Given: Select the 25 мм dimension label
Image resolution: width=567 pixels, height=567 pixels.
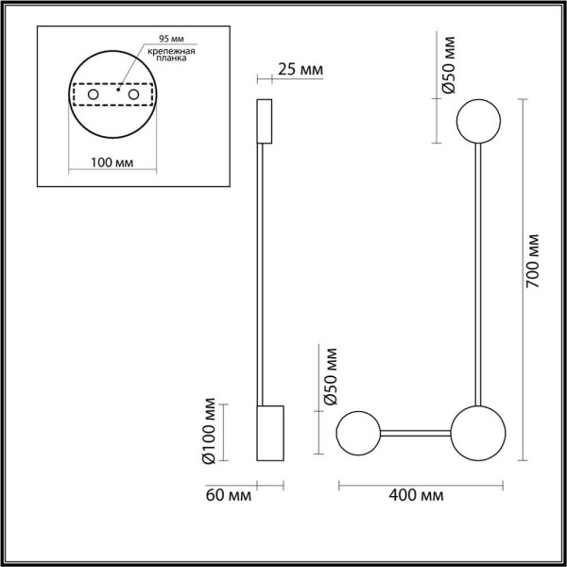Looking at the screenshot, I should [x=301, y=69].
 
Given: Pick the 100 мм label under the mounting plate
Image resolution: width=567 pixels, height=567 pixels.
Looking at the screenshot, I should [x=112, y=163].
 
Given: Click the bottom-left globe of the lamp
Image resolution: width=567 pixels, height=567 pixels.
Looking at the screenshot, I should [x=360, y=434].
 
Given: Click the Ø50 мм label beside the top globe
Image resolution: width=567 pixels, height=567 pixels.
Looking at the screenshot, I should [x=450, y=65].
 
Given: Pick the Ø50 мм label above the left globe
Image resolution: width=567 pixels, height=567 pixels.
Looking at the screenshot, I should [x=331, y=377].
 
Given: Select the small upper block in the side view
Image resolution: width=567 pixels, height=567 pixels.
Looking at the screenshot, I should [x=265, y=119].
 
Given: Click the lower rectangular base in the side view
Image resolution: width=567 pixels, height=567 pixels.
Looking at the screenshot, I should [x=270, y=433].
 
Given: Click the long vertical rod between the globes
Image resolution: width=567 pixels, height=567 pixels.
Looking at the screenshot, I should [x=480, y=274].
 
